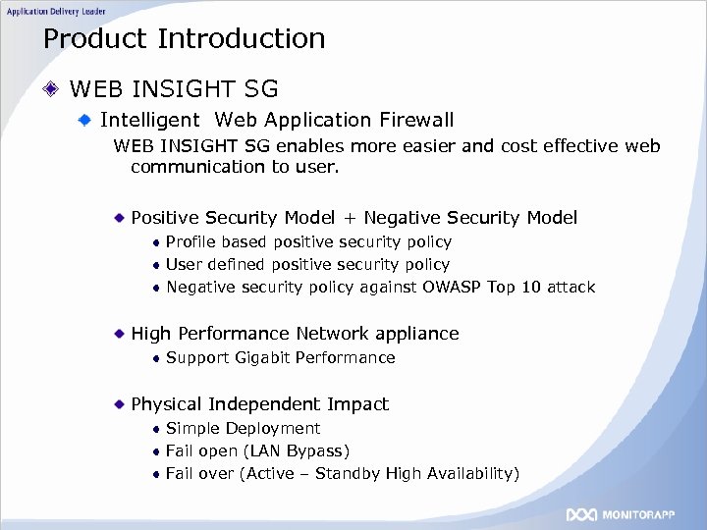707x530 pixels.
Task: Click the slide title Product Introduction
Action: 184,39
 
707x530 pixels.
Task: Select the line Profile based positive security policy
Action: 308,242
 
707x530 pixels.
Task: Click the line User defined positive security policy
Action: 307,265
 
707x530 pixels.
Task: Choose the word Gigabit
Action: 263,358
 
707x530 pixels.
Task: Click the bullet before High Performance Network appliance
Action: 119,334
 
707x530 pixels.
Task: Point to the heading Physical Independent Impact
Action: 259,404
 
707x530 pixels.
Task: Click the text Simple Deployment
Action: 243,429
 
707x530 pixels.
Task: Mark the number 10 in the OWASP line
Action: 530,288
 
